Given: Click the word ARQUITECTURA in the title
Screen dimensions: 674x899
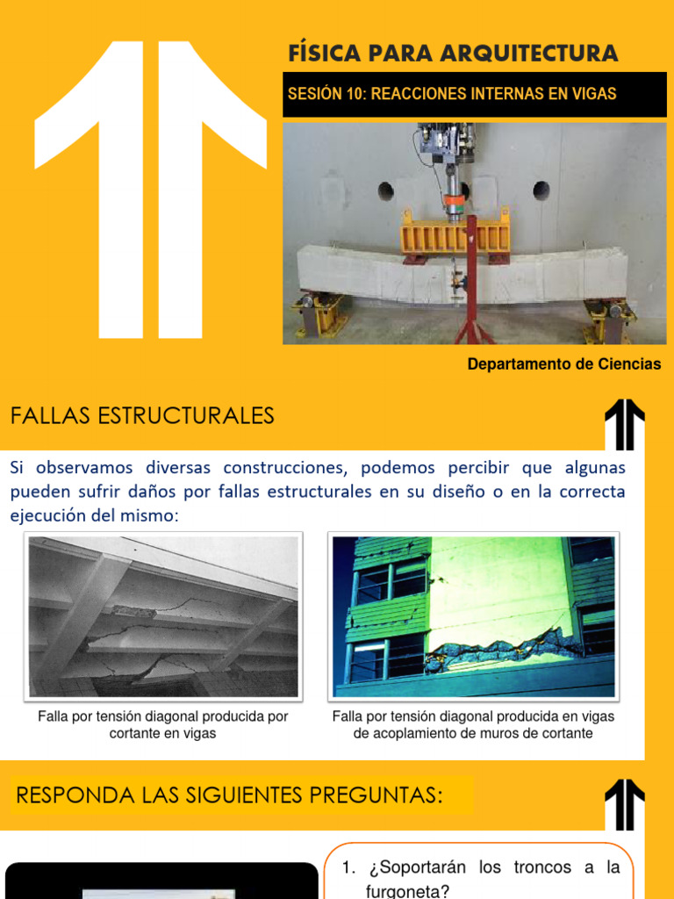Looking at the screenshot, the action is tap(529, 54).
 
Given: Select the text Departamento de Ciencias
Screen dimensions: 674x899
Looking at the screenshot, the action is tap(564, 364).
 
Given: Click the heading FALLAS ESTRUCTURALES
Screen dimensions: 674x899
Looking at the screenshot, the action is tap(142, 415).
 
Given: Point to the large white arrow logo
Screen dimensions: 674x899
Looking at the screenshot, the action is tap(150, 190).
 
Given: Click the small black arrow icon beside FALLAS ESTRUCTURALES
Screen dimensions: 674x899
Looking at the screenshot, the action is tap(625, 424).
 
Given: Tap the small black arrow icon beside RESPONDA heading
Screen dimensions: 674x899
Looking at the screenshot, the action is tap(625, 804).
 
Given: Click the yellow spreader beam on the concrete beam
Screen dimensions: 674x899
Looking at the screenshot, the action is tap(455, 236).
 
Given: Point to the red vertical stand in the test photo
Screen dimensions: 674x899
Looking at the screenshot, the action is tap(471, 281).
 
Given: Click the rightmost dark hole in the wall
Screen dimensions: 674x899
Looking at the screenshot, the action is tap(541, 191).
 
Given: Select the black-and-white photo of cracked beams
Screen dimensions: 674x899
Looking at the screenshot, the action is tap(163, 617).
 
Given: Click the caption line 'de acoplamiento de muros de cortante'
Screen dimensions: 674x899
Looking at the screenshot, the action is tap(473, 733).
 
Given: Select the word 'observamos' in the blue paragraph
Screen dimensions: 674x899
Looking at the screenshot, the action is tap(84, 468).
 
